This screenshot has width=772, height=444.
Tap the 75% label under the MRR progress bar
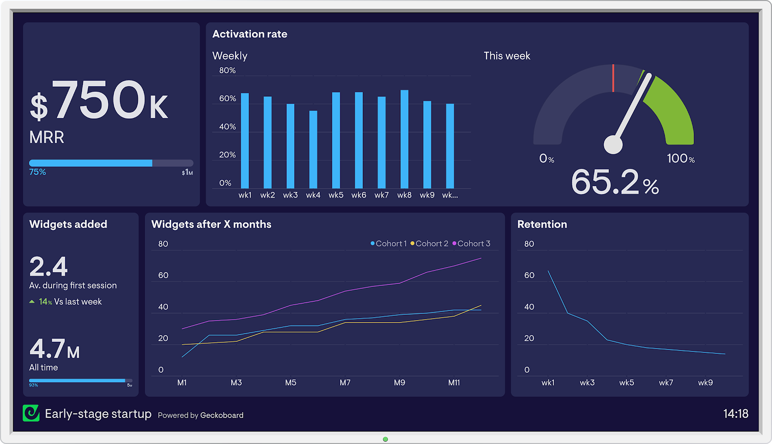click(38, 172)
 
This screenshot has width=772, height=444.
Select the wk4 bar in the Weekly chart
click(313, 149)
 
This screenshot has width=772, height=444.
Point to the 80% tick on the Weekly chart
click(227, 70)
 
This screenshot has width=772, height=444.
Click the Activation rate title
click(249, 34)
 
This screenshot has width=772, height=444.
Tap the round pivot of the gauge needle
click(613, 144)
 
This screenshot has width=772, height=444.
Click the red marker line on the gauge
click(613, 78)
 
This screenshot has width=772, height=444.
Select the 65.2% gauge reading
click(615, 182)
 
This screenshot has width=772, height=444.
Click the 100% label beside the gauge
click(680, 159)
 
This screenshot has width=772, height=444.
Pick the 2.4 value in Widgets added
click(48, 266)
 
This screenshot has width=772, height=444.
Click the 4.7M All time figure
click(54, 349)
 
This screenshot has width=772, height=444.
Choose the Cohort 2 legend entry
click(429, 244)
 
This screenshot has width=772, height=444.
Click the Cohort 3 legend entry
click(471, 244)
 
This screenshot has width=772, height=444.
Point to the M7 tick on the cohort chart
click(345, 383)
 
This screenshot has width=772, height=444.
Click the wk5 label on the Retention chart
click(626, 383)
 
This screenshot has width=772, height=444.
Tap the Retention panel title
click(542, 224)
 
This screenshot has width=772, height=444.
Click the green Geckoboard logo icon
click(31, 413)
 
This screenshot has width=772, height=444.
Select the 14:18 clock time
click(735, 414)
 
